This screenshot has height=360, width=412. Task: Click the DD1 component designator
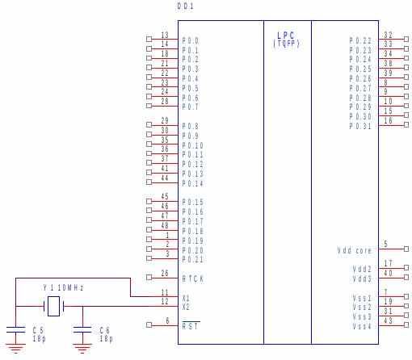tap(186, 6)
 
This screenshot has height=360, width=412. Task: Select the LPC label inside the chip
tap(286, 36)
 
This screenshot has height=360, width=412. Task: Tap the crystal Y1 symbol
tap(53, 306)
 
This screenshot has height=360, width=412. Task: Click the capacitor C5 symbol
tap(15, 330)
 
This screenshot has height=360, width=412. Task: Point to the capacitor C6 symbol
tap(82, 330)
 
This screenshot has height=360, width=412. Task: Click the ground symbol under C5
tap(15, 349)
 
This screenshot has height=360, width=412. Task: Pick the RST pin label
tap(190, 326)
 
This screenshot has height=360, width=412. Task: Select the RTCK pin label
tap(193, 279)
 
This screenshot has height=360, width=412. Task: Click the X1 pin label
tap(186, 298)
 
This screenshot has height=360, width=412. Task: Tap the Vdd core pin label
tap(354, 251)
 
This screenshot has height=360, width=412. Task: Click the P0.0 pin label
tap(190, 40)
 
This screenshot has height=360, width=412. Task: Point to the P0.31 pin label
tap(360, 126)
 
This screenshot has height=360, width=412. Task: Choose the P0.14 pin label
tap(192, 183)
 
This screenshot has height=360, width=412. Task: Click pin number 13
tap(165, 35)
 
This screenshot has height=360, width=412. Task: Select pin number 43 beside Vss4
tap(388, 320)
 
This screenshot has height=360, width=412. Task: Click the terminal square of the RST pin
tap(149, 325)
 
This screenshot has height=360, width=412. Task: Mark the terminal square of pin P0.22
tap(406, 40)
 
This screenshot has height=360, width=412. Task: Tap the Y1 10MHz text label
tap(63, 287)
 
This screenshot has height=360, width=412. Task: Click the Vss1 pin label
tap(362, 298)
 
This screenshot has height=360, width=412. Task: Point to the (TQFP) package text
tap(286, 44)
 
